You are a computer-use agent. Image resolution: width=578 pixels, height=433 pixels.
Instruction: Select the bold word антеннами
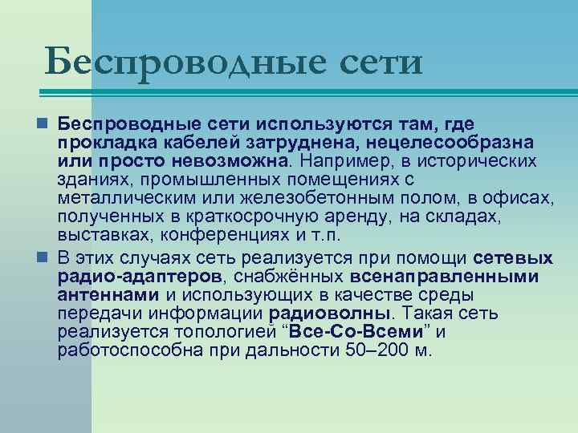109,294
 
